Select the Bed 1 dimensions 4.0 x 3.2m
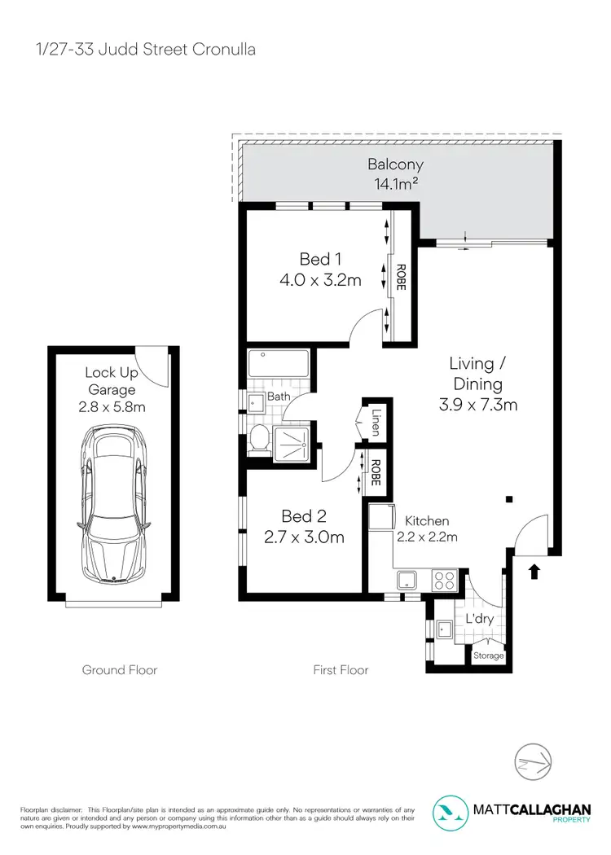(319, 280)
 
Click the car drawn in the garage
(114, 506)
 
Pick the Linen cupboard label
(376, 422)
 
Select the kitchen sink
(407, 581)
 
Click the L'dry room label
(480, 620)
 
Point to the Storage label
(489, 656)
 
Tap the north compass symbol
(535, 763)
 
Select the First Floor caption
(341, 670)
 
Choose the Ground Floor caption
(120, 670)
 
